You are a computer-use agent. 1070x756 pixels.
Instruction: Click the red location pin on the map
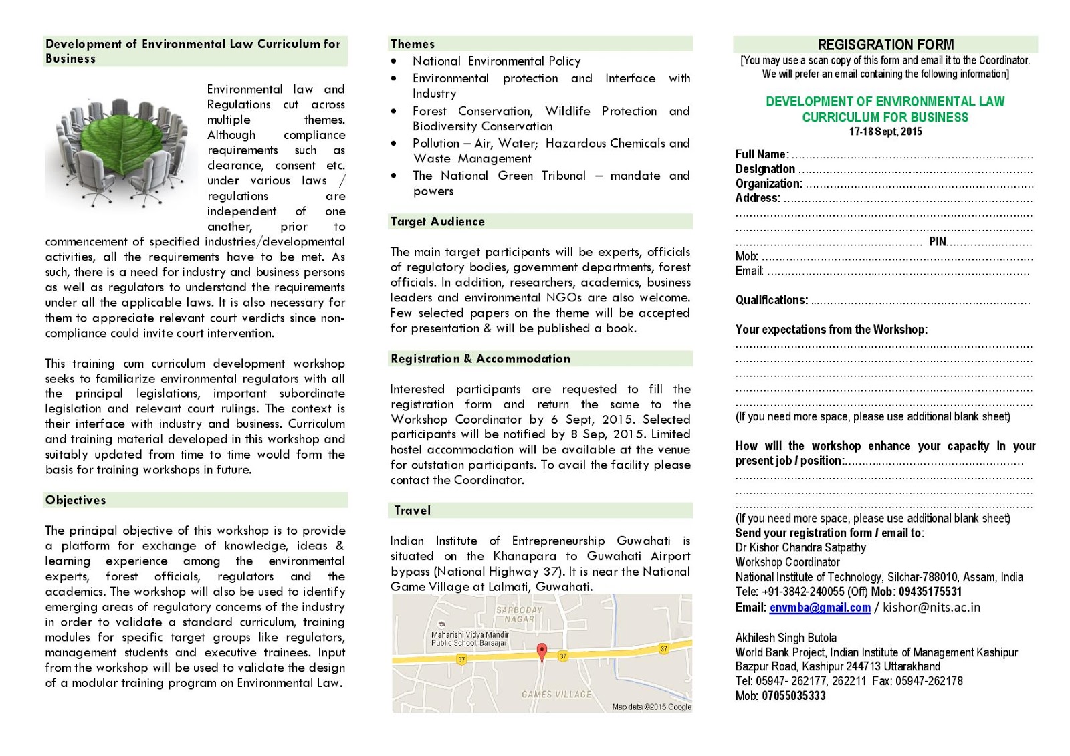click(542, 651)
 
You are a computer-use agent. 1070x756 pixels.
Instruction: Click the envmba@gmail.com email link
click(820, 608)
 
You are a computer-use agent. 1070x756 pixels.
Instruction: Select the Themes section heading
click(413, 44)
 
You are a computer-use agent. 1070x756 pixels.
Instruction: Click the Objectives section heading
click(76, 500)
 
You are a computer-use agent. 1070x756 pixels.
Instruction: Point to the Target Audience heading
click(437, 221)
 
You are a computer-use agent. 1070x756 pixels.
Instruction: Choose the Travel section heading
click(413, 511)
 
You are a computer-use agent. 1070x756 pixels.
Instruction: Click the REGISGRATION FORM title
click(885, 45)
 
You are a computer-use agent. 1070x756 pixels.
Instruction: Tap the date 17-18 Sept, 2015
click(885, 132)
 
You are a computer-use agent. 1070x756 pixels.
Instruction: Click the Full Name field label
click(762, 154)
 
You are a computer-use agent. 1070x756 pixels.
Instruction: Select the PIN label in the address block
click(937, 241)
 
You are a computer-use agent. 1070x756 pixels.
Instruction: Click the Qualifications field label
click(771, 300)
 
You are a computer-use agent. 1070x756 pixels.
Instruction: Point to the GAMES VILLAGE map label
click(556, 695)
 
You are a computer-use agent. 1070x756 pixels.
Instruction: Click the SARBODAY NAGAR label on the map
click(520, 614)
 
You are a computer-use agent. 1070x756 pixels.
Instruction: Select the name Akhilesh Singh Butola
click(786, 638)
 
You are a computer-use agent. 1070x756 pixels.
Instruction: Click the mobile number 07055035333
click(793, 696)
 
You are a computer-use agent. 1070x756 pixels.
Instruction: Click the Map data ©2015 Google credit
click(651, 707)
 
